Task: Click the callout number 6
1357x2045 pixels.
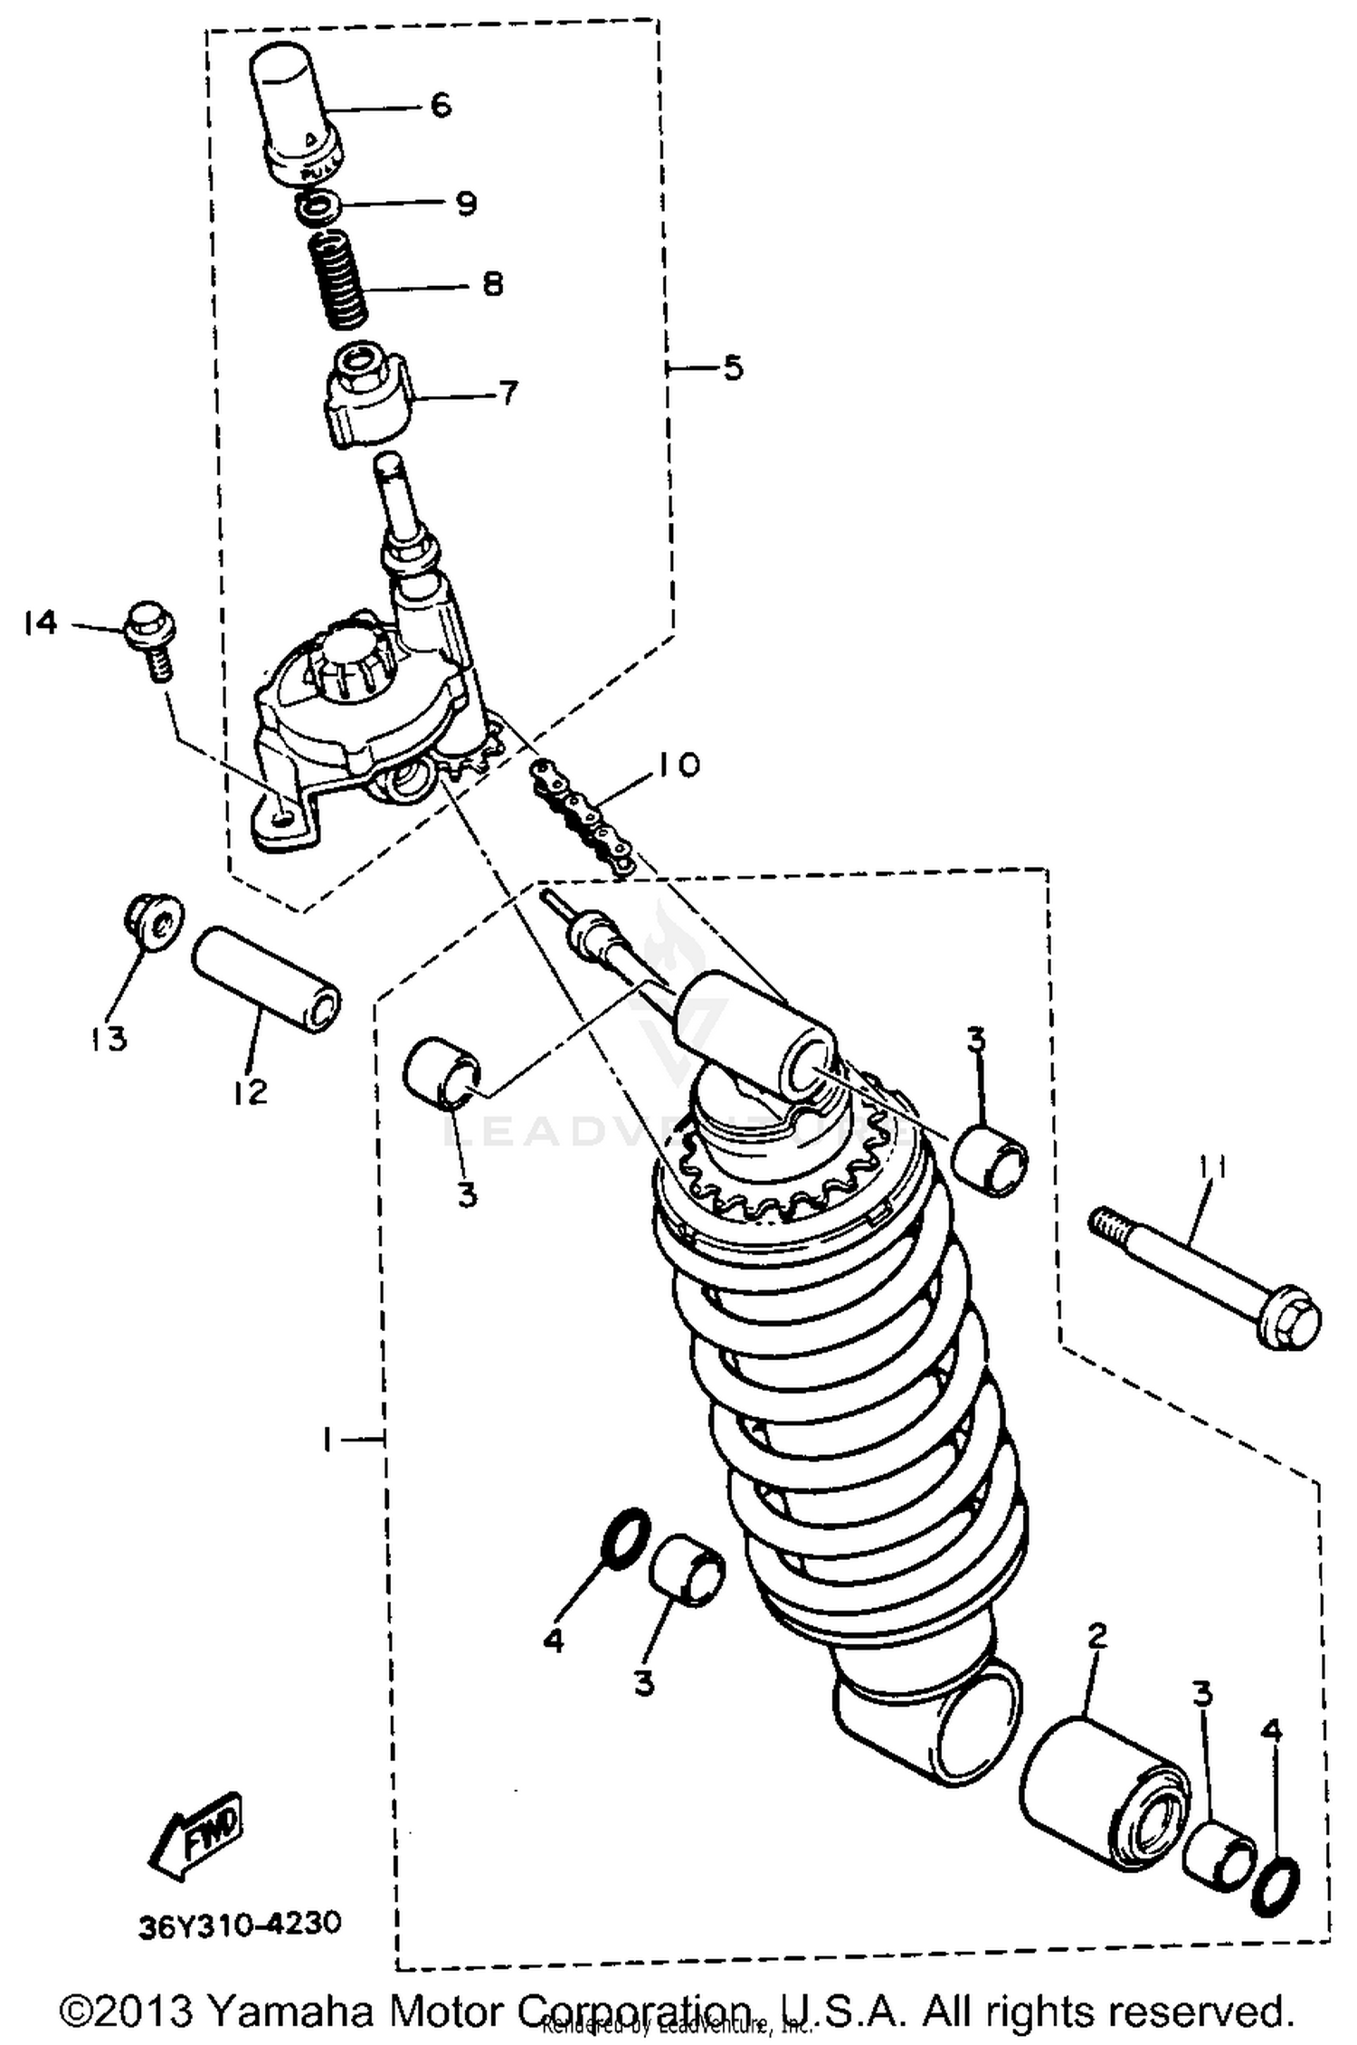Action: coord(441,106)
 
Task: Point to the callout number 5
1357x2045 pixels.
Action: coord(732,368)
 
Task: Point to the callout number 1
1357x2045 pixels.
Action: coord(327,1439)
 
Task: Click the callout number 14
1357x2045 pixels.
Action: coord(41,623)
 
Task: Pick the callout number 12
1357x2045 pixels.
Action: coord(250,1092)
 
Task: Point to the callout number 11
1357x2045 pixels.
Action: coord(1212,1167)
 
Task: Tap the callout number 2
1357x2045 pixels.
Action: coord(1097,1636)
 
